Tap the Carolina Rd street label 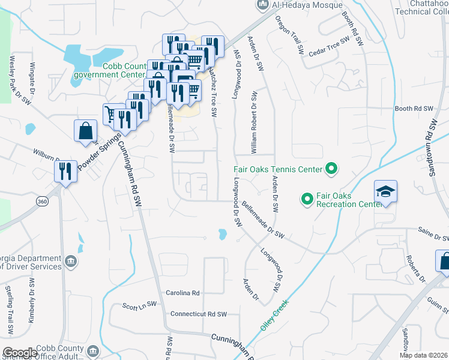(x=184, y=293)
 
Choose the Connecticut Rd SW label (x=199, y=314)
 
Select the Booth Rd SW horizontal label (x=414, y=109)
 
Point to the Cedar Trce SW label (x=329, y=47)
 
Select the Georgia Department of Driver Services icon (x=71, y=261)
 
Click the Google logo (x=20, y=353)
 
